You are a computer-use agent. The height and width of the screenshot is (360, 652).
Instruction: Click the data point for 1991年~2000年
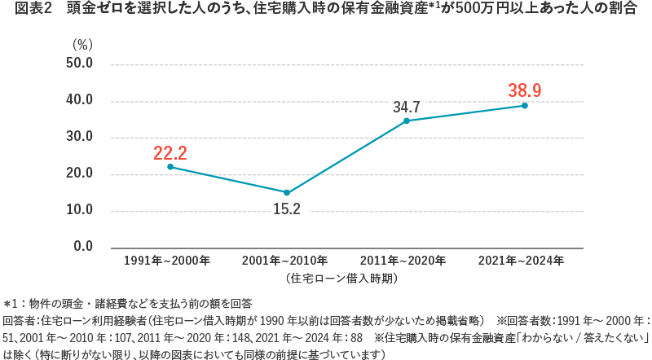pos(170,167)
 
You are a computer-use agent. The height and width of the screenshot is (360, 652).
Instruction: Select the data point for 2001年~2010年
pos(287,192)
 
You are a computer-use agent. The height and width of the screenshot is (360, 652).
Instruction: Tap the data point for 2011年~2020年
pos(406,121)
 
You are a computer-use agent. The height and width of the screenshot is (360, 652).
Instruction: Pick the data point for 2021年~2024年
pos(525,106)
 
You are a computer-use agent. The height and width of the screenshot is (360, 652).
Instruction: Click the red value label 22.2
pos(170,152)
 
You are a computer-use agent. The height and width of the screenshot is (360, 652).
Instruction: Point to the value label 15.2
pos(286,209)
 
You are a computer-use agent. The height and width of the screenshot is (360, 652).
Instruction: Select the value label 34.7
pos(406,107)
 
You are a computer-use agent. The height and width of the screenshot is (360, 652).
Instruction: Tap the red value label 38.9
pos(525,90)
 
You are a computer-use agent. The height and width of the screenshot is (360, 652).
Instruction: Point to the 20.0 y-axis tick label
pos(79,174)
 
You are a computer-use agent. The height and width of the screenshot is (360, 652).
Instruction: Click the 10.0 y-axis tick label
pos(79,210)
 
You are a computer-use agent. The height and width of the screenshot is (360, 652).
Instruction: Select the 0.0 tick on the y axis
pos(82,247)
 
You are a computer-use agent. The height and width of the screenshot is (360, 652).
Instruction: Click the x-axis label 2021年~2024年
pos(524,261)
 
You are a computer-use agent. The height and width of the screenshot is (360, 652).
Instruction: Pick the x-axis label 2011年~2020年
pos(405,261)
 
